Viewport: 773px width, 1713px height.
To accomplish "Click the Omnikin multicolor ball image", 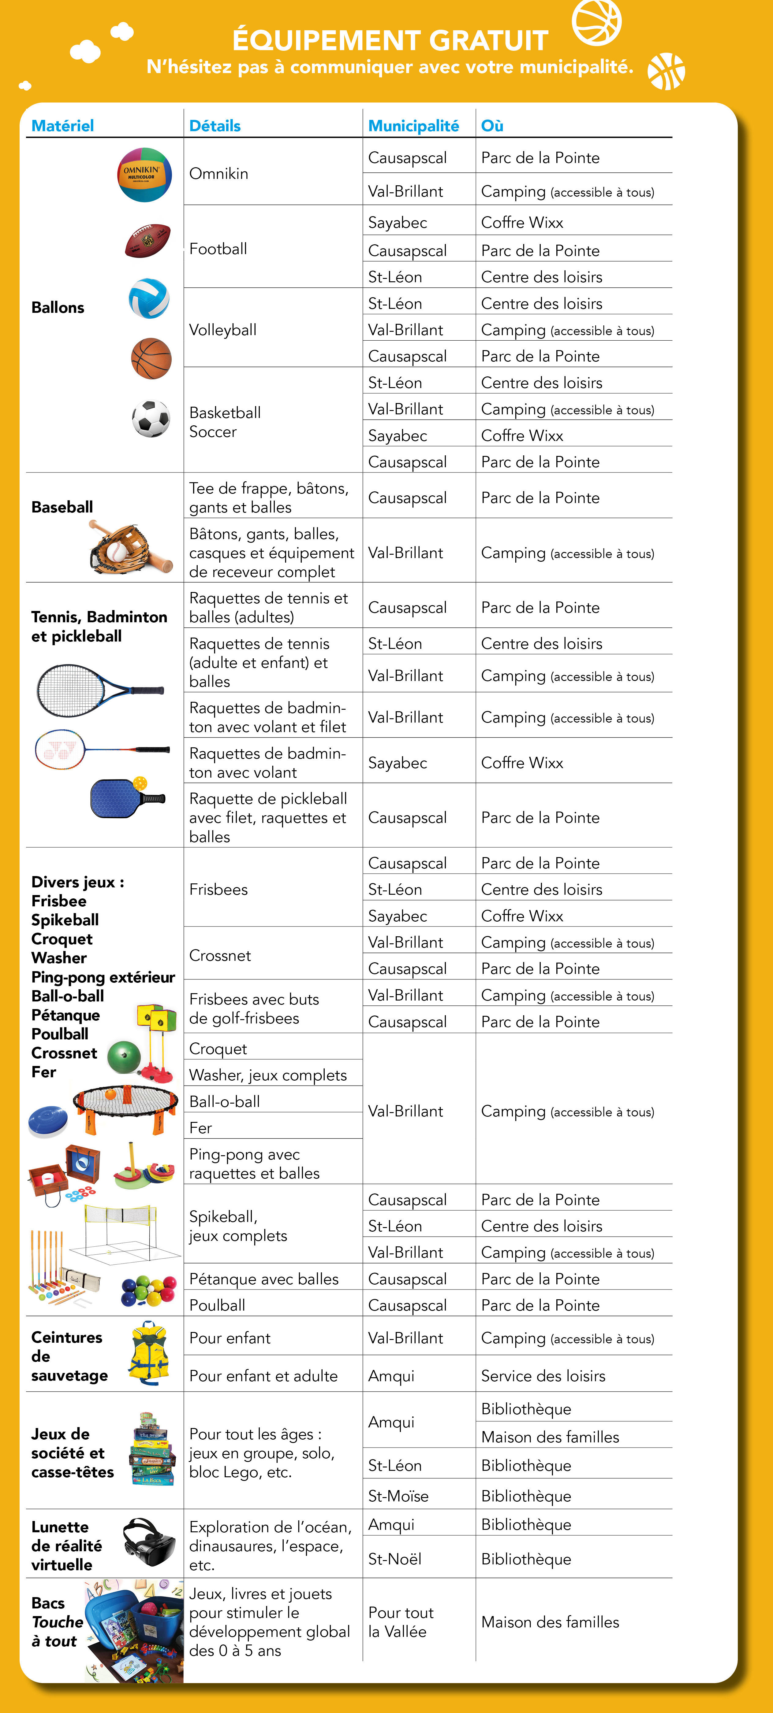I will [x=144, y=175].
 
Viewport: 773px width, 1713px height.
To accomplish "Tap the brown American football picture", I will [x=148, y=241].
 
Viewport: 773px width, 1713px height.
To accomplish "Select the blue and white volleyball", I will [x=149, y=298].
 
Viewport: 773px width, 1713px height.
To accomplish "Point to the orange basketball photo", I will [x=151, y=358].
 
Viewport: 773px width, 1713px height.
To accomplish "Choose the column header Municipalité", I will [x=413, y=126].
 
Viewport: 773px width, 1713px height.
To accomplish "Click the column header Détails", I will [x=215, y=126].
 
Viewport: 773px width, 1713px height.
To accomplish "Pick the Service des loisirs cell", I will [x=543, y=1376].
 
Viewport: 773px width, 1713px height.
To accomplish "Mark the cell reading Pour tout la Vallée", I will [x=401, y=1622].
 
